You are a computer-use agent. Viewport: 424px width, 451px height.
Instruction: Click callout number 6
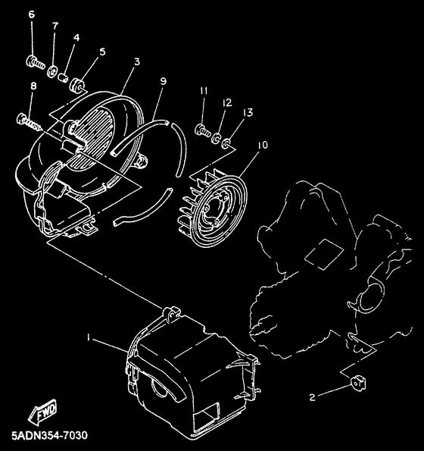pos(32,14)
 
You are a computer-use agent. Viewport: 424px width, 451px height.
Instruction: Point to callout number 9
pos(163,81)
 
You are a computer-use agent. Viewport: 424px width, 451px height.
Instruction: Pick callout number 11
pos(204,92)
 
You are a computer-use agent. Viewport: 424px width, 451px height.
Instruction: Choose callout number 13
pos(248,112)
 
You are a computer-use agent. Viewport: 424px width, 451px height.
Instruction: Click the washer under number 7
pos(55,72)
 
